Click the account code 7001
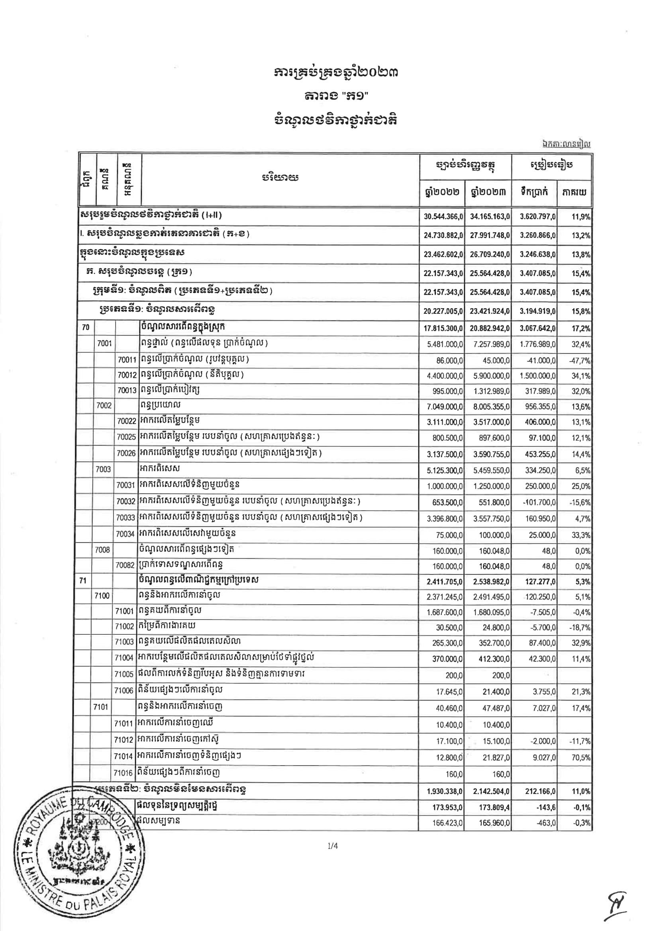coord(104,343)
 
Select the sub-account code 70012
coord(127,375)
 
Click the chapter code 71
coord(83,581)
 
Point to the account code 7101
coord(101,707)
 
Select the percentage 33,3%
coord(581,535)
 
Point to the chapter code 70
coord(86,327)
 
